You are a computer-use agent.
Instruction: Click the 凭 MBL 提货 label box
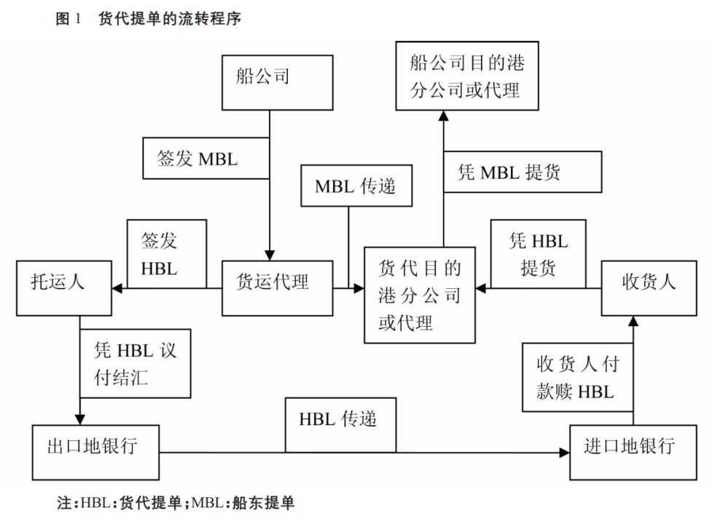click(523, 172)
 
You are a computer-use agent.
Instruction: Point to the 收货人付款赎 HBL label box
click(578, 377)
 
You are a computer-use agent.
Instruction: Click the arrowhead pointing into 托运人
click(117, 289)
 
